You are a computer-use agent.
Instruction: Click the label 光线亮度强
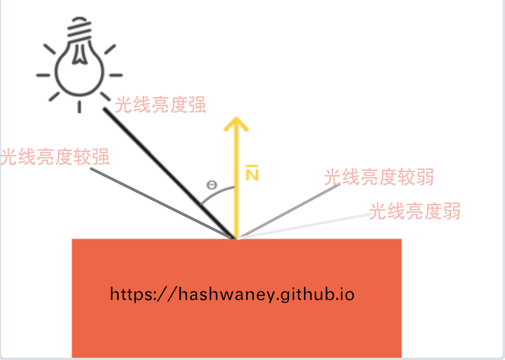(161, 105)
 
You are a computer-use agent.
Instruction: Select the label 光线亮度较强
(55, 157)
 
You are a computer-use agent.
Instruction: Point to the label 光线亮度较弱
(379, 178)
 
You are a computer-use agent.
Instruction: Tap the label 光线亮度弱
(415, 211)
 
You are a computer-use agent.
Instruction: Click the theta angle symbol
(212, 185)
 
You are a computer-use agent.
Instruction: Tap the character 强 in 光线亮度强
(197, 105)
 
